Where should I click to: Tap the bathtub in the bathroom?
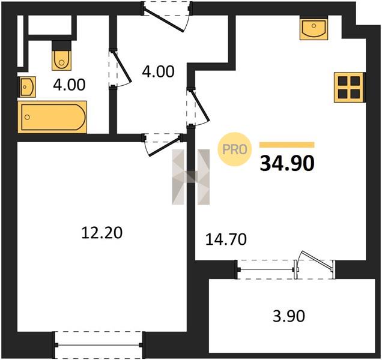52,117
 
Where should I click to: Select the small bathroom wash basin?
27,86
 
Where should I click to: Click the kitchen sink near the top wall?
314,28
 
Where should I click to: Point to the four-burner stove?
350,88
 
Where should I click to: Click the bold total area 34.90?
287,163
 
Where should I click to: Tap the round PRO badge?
235,149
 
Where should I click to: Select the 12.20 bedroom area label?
102,232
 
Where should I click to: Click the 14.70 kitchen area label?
226,239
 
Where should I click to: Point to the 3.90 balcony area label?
289,316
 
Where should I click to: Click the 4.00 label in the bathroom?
70,85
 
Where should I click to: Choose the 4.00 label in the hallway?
159,71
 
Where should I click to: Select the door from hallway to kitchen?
198,107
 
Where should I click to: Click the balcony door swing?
315,265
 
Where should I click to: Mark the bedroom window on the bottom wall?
99,344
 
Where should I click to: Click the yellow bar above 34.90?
286,145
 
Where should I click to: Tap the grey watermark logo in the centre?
191,177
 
